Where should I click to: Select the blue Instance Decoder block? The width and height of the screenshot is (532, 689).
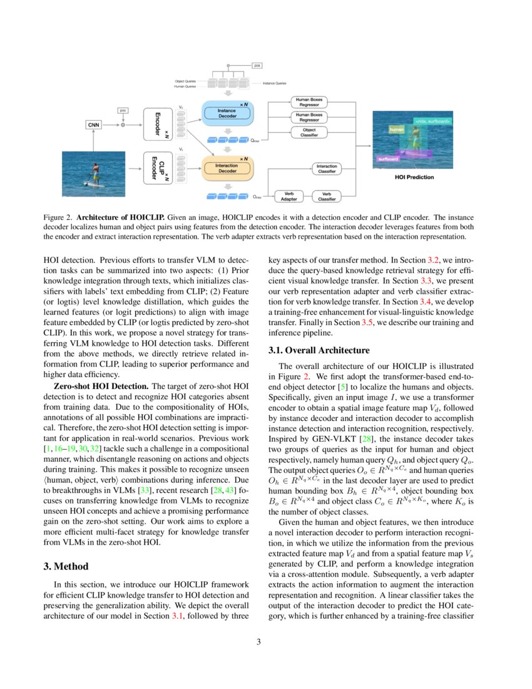click(x=227, y=113)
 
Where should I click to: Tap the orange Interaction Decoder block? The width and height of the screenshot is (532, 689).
click(x=227, y=167)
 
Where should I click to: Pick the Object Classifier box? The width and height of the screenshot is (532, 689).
click(x=309, y=132)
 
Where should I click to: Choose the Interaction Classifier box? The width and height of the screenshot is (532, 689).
click(x=327, y=168)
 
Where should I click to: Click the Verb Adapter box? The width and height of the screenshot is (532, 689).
click(x=289, y=196)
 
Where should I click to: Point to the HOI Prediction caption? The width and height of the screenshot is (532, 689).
click(x=414, y=177)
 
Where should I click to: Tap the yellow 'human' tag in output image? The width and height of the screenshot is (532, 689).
click(x=396, y=130)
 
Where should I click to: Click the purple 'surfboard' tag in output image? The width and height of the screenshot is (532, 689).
click(x=388, y=159)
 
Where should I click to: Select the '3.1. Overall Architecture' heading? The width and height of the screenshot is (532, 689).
click(x=319, y=350)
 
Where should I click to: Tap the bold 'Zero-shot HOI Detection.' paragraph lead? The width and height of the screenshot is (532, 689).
click(x=102, y=386)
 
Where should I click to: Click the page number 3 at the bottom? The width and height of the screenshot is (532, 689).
click(x=266, y=641)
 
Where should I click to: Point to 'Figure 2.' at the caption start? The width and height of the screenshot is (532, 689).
click(x=57, y=217)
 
